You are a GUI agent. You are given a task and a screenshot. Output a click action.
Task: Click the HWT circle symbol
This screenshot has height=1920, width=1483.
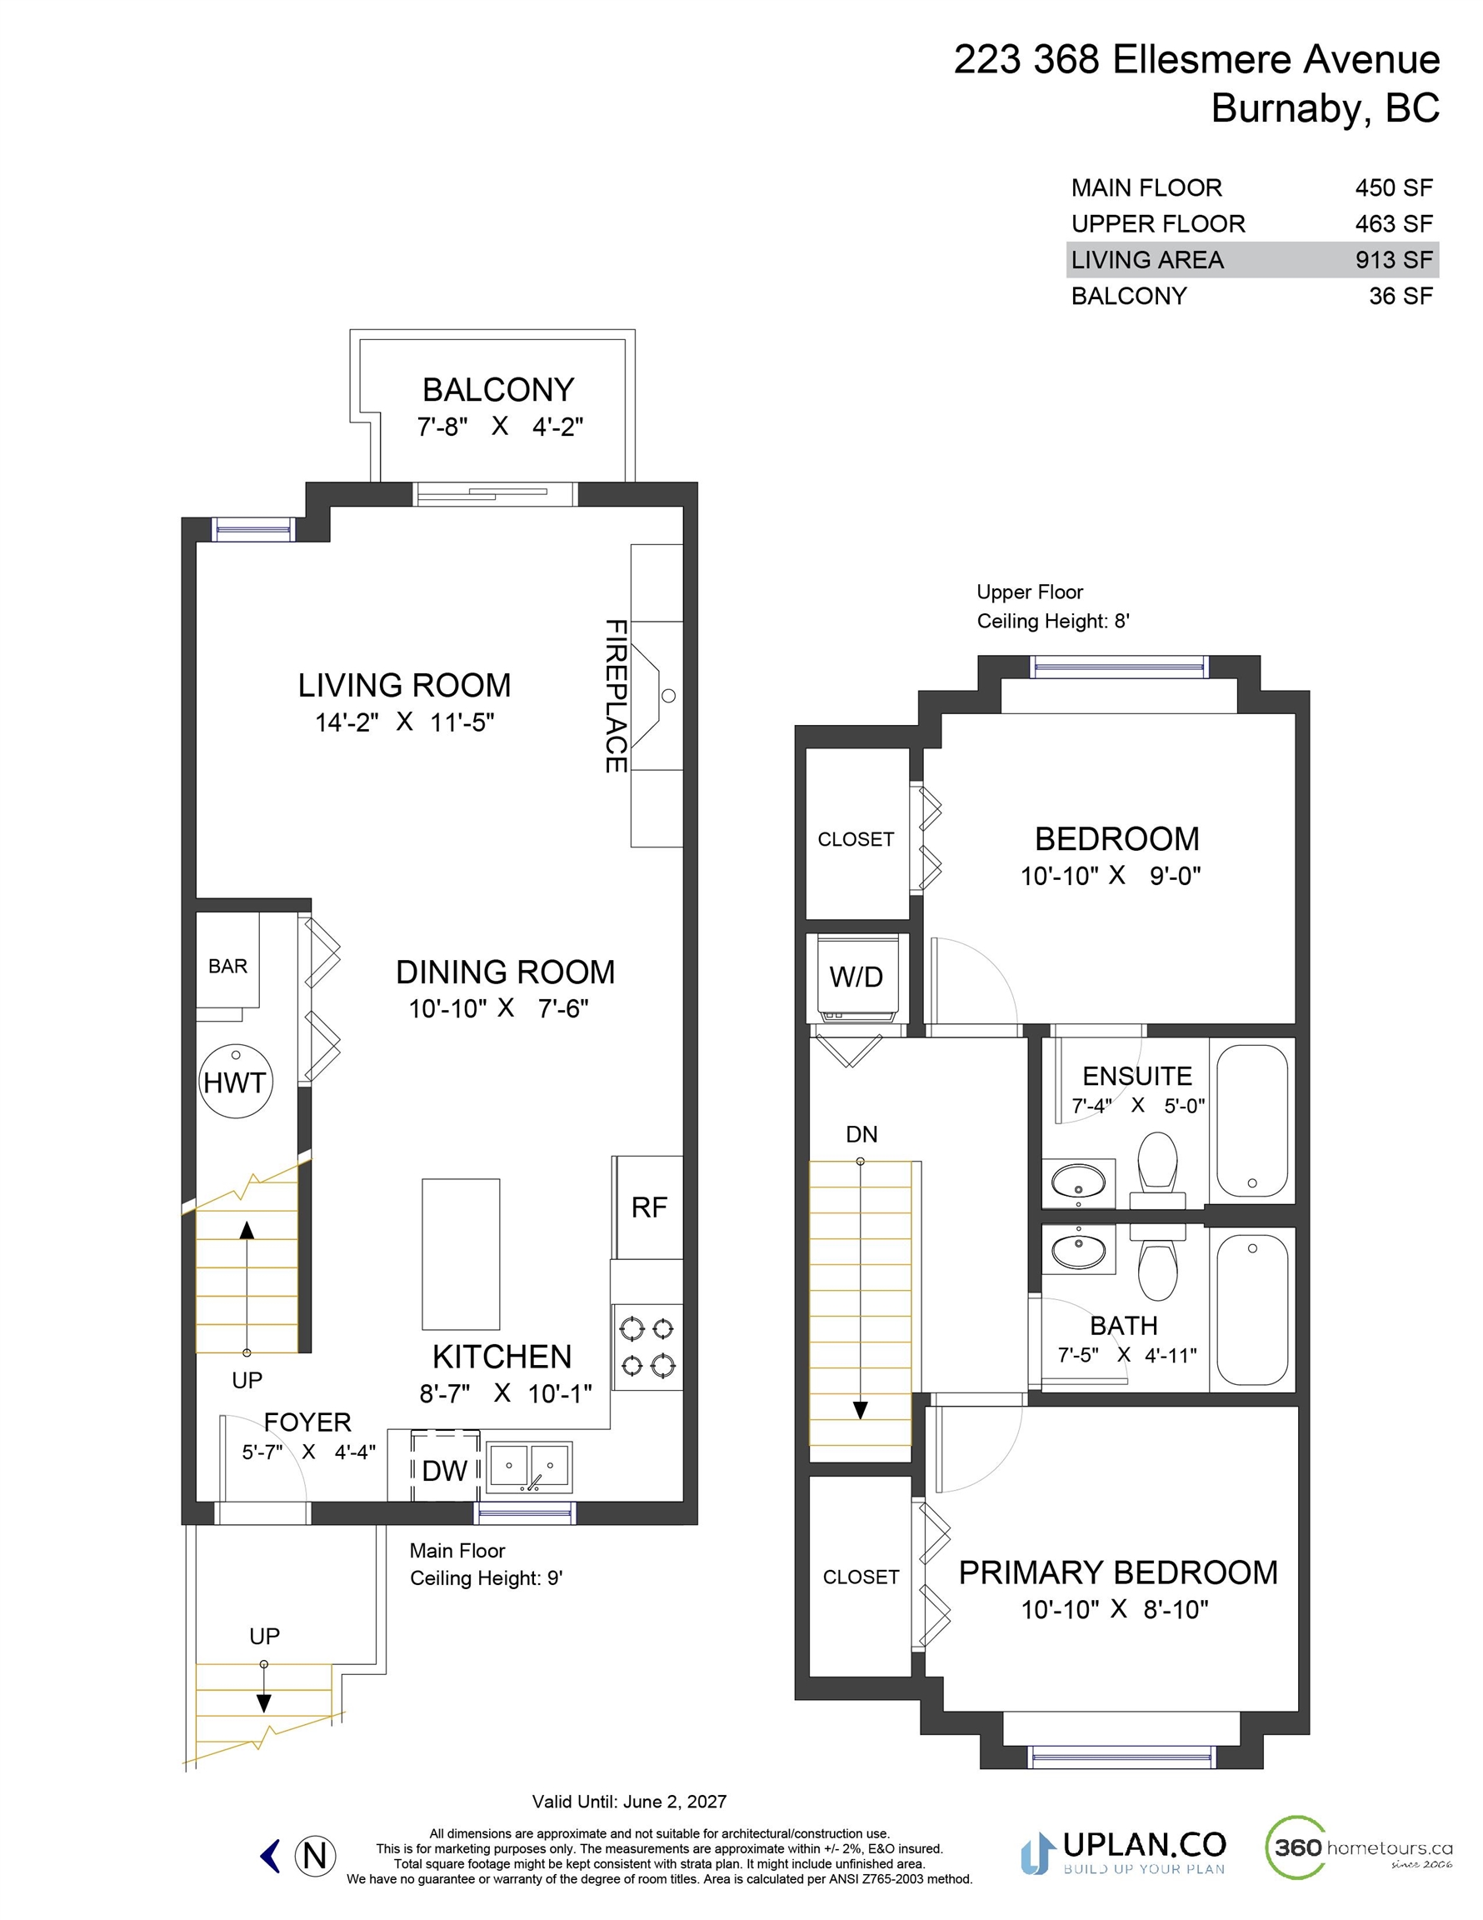click(236, 1082)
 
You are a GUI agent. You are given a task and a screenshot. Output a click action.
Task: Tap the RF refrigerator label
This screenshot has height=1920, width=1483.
click(649, 1207)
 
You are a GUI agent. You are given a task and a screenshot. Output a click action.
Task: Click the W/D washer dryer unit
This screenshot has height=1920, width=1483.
click(856, 977)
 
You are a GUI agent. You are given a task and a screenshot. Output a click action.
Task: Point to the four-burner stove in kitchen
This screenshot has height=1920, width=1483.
click(647, 1347)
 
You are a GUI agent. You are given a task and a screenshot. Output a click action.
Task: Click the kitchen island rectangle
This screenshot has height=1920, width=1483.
click(461, 1253)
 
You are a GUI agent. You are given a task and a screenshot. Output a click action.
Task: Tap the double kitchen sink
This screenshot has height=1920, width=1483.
click(529, 1467)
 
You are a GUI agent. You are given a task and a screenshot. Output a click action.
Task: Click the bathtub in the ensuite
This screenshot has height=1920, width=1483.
click(1252, 1121)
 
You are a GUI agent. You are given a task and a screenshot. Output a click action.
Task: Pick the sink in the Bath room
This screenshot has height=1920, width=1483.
click(1079, 1248)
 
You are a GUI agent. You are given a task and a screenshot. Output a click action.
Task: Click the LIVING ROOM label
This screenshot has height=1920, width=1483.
click(404, 685)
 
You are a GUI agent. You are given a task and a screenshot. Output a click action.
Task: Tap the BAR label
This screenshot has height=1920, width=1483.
click(227, 966)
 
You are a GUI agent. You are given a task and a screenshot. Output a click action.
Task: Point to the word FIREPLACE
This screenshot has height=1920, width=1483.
click(616, 697)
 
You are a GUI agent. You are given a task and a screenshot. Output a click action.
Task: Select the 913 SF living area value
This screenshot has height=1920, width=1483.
click(1393, 260)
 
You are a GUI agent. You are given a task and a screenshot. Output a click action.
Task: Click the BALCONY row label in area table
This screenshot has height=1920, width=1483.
click(1129, 297)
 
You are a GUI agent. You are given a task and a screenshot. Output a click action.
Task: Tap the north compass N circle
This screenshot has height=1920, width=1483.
click(315, 1856)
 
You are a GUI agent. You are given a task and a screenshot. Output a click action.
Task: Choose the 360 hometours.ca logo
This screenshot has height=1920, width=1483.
click(1358, 1847)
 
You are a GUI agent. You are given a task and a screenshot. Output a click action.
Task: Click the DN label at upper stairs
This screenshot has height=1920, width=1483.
click(861, 1134)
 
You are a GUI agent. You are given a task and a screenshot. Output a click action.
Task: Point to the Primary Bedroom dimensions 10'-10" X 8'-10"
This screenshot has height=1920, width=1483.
click(1115, 1610)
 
